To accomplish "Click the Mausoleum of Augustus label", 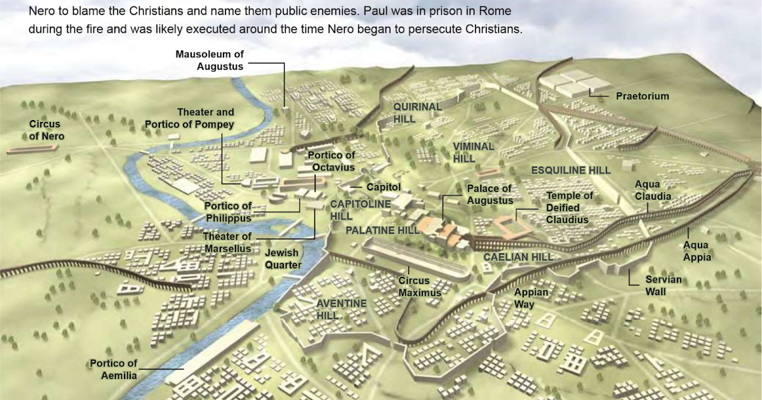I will click(x=209, y=60).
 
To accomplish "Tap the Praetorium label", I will click(x=642, y=97).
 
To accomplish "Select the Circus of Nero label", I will click(x=46, y=130).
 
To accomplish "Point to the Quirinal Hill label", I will click(x=417, y=112).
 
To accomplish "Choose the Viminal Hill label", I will click(x=473, y=152).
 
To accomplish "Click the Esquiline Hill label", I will click(x=570, y=170).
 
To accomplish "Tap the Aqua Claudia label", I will click(x=653, y=190).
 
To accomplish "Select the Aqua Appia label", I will click(x=697, y=251).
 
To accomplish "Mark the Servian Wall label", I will click(x=664, y=286).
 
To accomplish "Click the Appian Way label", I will click(x=526, y=298).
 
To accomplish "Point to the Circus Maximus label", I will click(x=419, y=287).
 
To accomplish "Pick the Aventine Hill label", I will click(x=341, y=309).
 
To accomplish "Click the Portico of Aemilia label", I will click(x=113, y=370).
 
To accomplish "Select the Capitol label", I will click(x=384, y=187).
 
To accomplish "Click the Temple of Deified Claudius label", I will click(x=570, y=208).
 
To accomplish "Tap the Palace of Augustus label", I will click(x=490, y=194).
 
